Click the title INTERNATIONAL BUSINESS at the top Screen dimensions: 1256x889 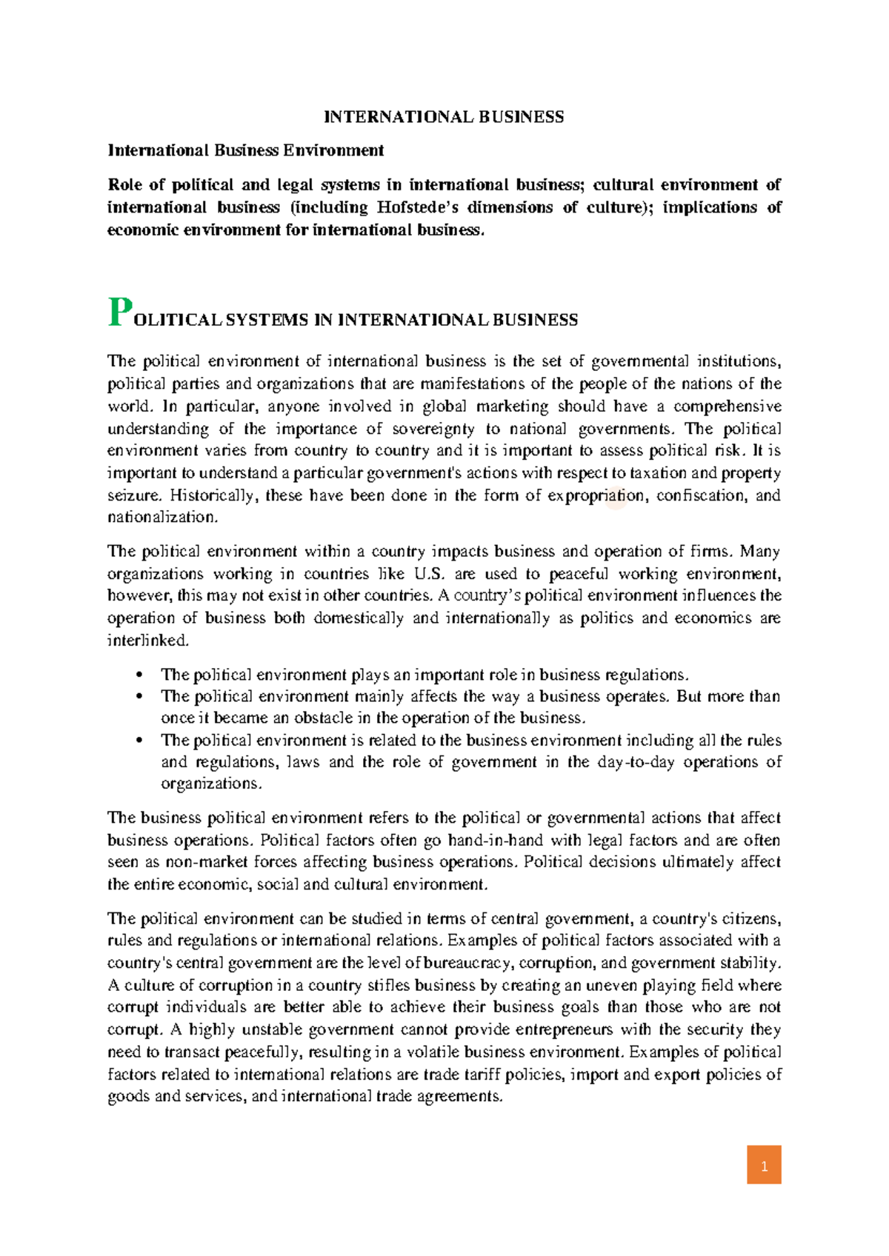click(x=444, y=117)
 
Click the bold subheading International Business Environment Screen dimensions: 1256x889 click(x=245, y=150)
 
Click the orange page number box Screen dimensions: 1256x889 click(x=764, y=1164)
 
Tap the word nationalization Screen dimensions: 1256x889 click(x=162, y=517)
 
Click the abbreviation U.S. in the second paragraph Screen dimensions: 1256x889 click(x=430, y=574)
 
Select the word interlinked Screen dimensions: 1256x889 click(x=147, y=641)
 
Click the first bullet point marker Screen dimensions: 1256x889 click(x=139, y=675)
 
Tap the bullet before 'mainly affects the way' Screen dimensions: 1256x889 click(x=139, y=697)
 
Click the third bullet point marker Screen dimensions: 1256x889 click(x=139, y=741)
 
